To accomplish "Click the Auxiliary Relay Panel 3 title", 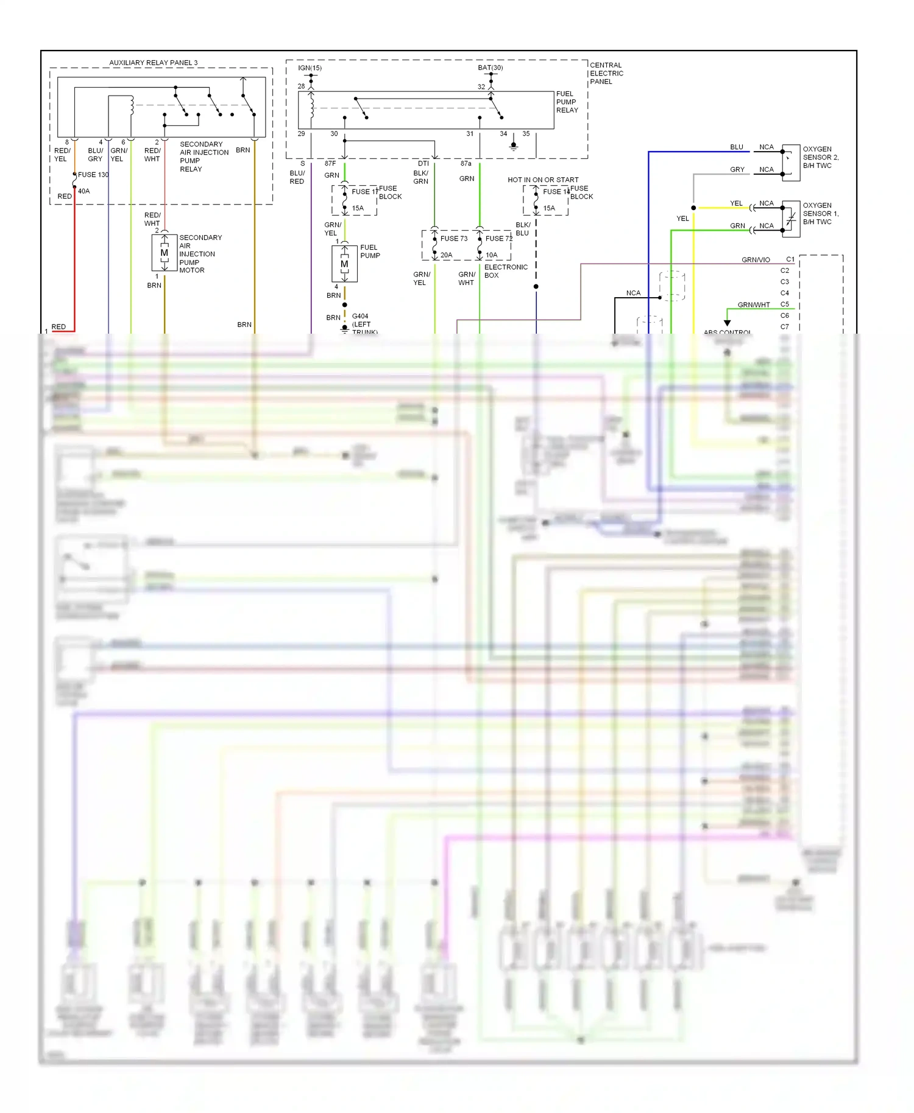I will (x=153, y=63).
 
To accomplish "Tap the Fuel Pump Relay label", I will (x=567, y=102).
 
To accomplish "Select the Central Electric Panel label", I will (x=606, y=73).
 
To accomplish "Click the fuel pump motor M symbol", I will (x=344, y=264).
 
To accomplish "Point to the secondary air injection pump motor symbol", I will (x=164, y=253).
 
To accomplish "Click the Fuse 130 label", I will (x=93, y=175).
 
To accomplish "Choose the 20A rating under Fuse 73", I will (x=447, y=255).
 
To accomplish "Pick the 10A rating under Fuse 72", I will (x=492, y=255).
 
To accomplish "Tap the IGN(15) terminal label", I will (x=310, y=68).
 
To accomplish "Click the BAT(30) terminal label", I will (x=490, y=68).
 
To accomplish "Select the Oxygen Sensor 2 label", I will (x=820, y=157).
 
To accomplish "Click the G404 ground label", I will (x=360, y=316).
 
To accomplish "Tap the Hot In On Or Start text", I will (x=543, y=180).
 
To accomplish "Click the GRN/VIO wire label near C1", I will (x=756, y=260).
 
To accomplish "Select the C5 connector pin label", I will (x=784, y=304).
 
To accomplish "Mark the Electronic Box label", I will (x=505, y=271).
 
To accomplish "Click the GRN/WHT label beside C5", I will (x=753, y=305).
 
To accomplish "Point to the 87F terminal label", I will (x=330, y=163).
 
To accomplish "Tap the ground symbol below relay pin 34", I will (x=514, y=146).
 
